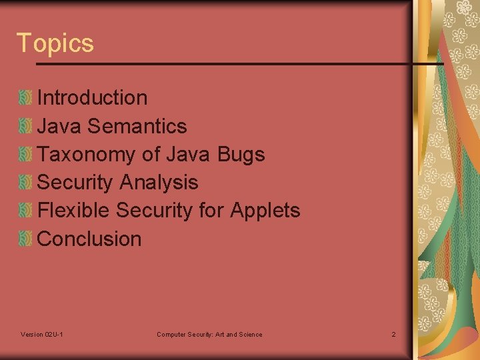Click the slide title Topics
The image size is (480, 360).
point(55,43)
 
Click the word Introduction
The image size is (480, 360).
point(93,98)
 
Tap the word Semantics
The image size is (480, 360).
point(137,126)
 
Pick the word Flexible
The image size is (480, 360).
point(74,211)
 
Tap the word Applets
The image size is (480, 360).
point(265,211)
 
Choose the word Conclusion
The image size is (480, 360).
point(89,239)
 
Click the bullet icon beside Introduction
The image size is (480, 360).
point(25,98)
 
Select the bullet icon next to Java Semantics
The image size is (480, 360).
point(25,126)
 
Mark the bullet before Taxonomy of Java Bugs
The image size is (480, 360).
point(25,155)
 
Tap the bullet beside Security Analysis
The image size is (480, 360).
point(25,183)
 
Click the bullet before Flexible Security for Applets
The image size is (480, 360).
point(25,211)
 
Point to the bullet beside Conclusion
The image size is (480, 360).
point(25,239)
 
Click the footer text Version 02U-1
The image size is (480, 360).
point(42,334)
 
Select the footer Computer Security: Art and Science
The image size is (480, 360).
point(209,334)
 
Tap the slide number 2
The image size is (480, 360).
point(393,334)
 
